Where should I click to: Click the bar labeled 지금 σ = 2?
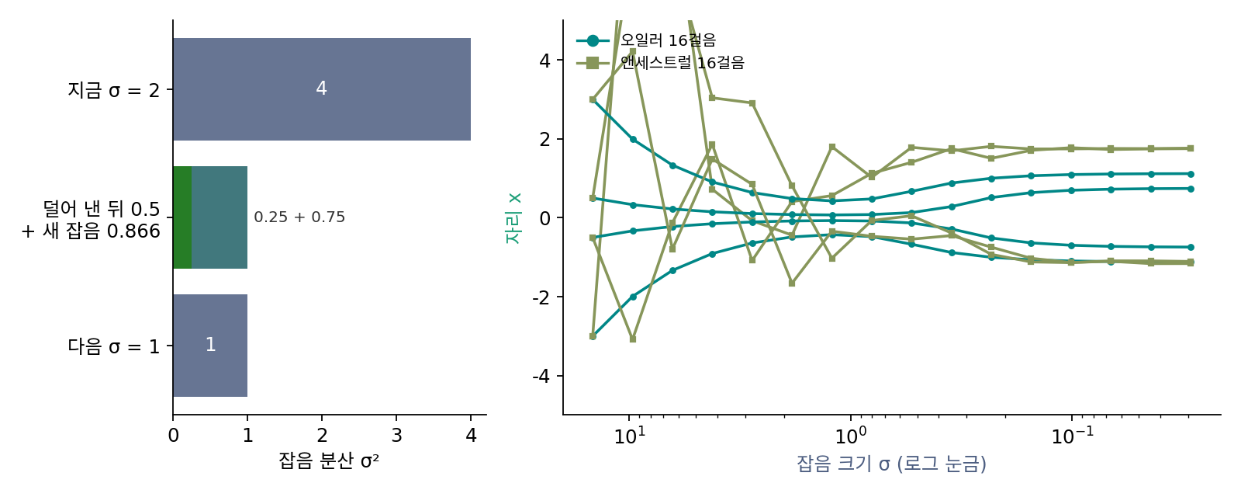click(x=321, y=89)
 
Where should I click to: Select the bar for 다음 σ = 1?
click(x=210, y=346)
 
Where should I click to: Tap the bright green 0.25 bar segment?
click(x=182, y=217)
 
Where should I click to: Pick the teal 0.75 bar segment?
click(x=220, y=217)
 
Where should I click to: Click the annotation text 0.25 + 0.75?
click(x=299, y=217)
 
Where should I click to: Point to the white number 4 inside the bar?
click(x=321, y=89)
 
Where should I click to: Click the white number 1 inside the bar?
click(x=210, y=345)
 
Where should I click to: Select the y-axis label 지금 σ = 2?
click(x=113, y=90)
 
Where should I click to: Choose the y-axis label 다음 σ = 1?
click(x=113, y=346)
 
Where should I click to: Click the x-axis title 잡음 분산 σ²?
click(x=329, y=461)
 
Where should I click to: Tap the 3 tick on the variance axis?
click(x=396, y=436)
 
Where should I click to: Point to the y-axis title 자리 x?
click(x=513, y=218)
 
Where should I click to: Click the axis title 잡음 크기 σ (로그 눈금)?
click(x=891, y=464)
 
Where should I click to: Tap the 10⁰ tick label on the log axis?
click(x=850, y=436)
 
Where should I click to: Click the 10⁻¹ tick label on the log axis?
click(x=1073, y=436)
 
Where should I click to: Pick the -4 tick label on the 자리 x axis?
click(x=541, y=376)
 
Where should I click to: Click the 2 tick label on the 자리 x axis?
click(x=545, y=139)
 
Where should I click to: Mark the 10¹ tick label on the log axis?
click(x=629, y=436)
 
